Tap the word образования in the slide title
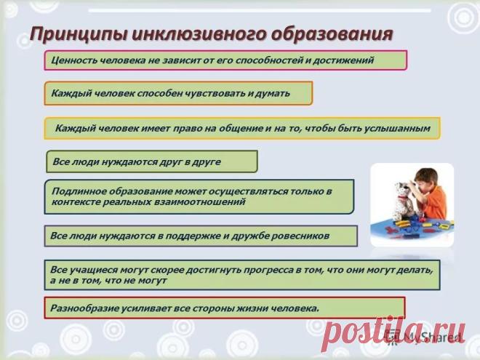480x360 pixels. coord(332,33)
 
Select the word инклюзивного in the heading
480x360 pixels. coord(199,34)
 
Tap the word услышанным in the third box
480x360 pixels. coord(397,128)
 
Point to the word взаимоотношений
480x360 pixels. coord(199,202)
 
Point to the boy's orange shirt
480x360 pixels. coord(435,204)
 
